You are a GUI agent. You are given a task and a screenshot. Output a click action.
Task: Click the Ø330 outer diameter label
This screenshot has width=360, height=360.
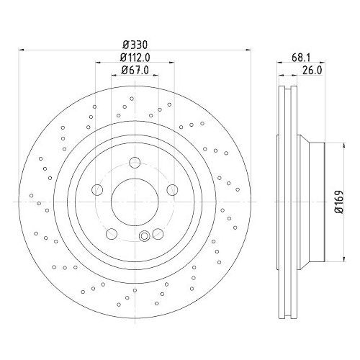tap(134, 43)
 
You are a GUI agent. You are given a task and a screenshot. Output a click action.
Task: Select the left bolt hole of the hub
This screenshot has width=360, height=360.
tap(97, 189)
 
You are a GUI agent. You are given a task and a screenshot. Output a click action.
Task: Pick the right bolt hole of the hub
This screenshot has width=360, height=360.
tap(172, 189)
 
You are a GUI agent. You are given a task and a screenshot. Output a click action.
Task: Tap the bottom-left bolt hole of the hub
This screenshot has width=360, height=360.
tap(111, 233)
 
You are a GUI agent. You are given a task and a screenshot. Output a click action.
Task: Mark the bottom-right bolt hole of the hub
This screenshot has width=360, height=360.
tap(158, 233)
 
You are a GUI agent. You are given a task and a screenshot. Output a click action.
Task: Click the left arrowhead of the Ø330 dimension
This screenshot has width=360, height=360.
tap(19, 50)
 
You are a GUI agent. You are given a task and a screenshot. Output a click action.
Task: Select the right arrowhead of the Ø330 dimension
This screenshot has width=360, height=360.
tap(250, 50)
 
